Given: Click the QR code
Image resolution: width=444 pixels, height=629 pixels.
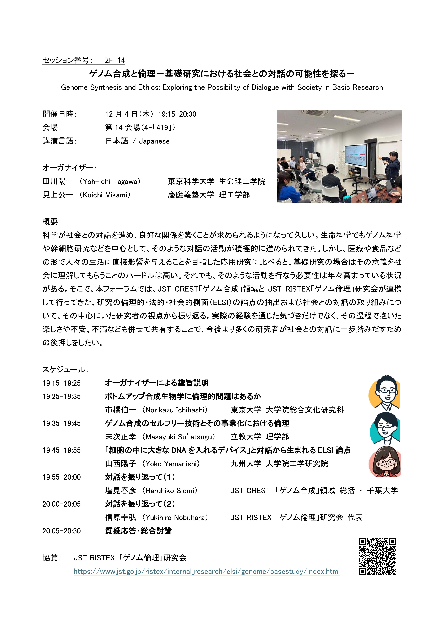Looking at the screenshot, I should tap(378, 556).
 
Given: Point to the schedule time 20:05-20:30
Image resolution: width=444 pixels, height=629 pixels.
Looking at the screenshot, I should tap(62, 531).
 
